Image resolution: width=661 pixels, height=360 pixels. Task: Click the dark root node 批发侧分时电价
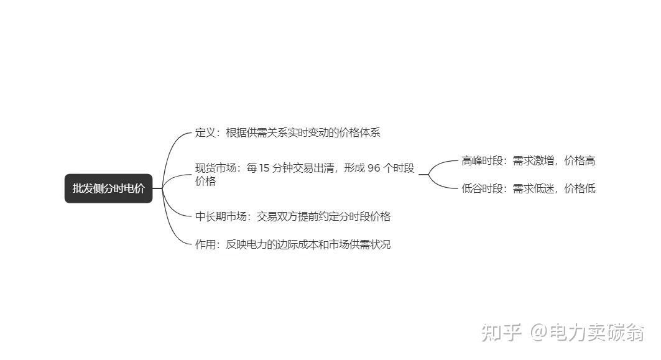[x=108, y=188]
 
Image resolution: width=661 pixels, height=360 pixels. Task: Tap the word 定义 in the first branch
[x=205, y=132]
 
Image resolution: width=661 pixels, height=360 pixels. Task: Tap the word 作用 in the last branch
[x=205, y=244]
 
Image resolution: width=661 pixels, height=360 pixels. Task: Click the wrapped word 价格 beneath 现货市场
[x=205, y=181]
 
